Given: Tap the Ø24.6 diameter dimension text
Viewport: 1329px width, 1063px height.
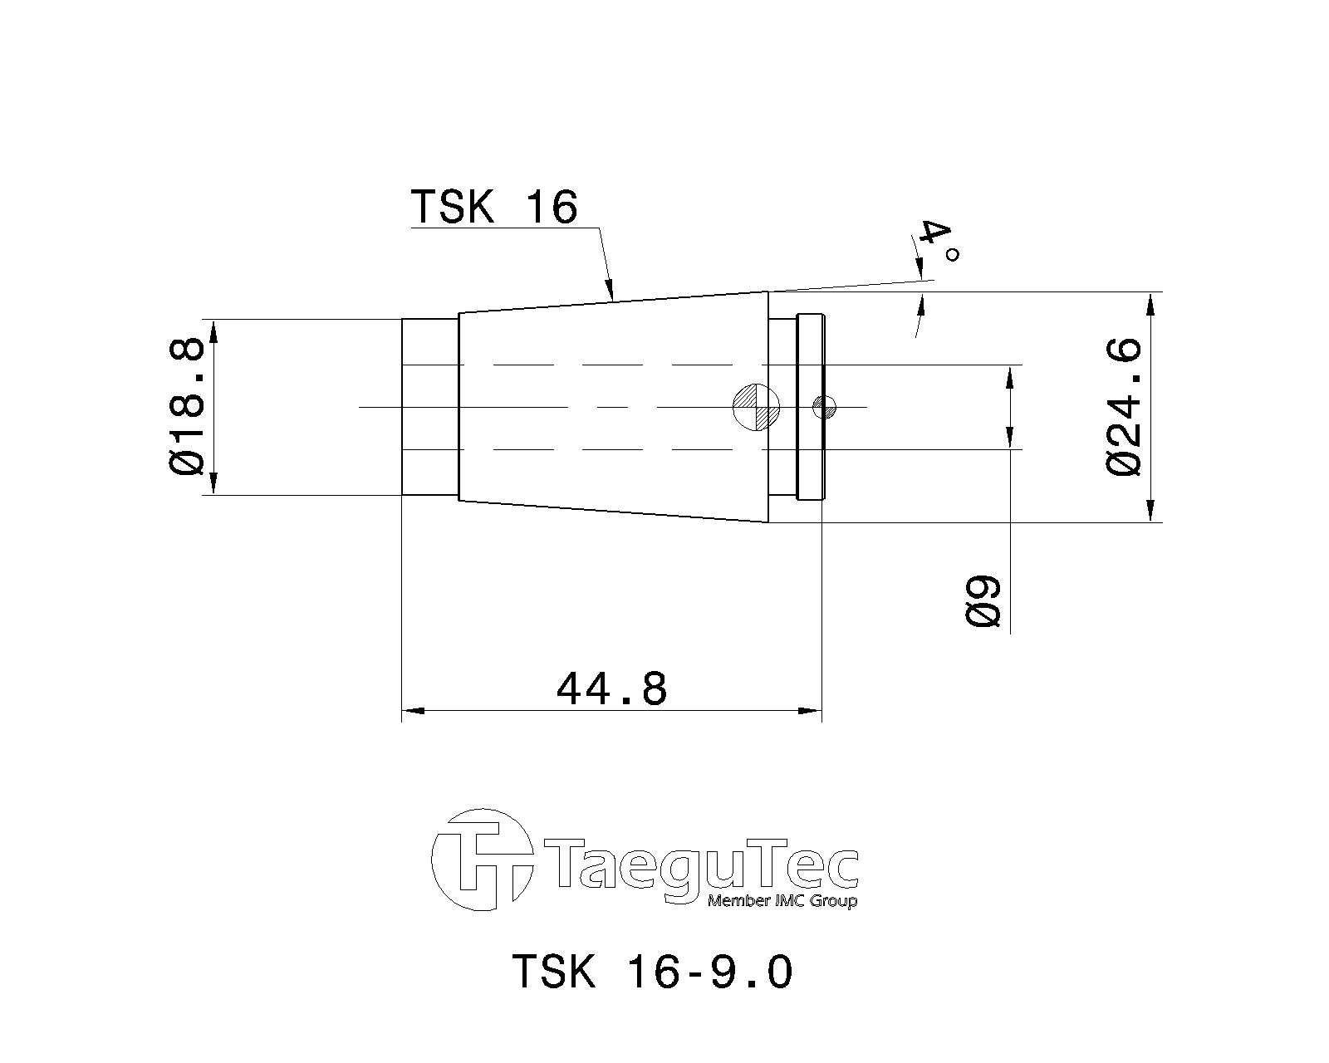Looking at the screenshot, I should [x=1124, y=407].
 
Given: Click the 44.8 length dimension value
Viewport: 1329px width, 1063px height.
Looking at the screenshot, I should [x=611, y=688].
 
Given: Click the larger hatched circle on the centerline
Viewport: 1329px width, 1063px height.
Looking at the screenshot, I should [x=756, y=407].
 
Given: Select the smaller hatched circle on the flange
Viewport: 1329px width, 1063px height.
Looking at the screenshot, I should [x=824, y=407].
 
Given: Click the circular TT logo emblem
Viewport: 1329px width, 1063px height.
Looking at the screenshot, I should [x=482, y=860].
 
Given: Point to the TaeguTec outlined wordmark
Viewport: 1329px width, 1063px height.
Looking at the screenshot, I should [x=702, y=868].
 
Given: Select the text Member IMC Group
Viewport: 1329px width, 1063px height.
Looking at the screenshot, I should [x=781, y=902].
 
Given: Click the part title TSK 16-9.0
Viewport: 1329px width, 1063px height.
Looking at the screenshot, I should [x=652, y=971].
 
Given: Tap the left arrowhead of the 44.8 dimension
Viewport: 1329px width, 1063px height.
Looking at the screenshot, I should [x=412, y=711].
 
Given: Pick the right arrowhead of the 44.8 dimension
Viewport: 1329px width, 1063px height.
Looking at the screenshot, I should [x=811, y=711].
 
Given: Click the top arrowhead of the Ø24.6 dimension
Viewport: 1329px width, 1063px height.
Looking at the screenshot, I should [x=1150, y=304].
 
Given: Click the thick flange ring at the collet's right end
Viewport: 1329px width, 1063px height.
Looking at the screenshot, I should [x=809, y=407].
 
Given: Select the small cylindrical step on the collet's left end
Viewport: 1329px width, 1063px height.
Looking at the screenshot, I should [x=430, y=407].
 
